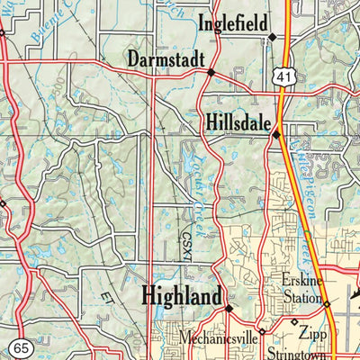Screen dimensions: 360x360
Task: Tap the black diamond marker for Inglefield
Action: (272, 37)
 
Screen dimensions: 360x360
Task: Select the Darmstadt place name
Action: (162, 59)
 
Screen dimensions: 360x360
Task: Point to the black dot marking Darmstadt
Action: (211, 72)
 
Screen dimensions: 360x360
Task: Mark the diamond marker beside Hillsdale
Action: (276, 135)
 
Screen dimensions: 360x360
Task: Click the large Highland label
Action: (181, 295)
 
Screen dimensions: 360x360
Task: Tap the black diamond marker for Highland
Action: (229, 308)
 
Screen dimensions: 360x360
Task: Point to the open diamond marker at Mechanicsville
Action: (261, 332)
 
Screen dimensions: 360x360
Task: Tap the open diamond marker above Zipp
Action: (293, 321)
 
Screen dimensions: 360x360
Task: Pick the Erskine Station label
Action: (301, 290)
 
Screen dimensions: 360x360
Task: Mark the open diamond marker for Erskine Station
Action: (328, 305)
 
